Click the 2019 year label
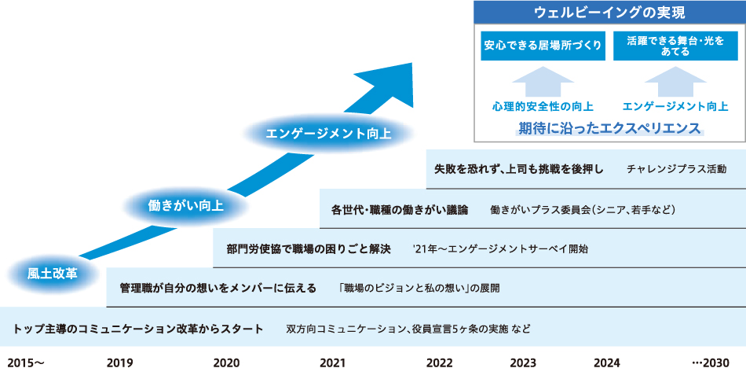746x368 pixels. (x=119, y=361)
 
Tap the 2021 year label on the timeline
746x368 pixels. (x=333, y=361)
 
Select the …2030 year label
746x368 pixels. (x=711, y=361)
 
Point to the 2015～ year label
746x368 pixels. (x=25, y=361)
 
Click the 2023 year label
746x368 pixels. (x=523, y=361)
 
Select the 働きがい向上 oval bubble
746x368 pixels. (x=186, y=207)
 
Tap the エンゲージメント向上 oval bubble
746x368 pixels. (x=328, y=133)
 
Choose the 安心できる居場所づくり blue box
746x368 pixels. (x=543, y=46)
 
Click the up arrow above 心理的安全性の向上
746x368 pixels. (x=543, y=82)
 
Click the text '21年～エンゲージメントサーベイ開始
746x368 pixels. (x=499, y=249)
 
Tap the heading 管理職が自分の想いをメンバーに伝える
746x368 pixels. (x=218, y=289)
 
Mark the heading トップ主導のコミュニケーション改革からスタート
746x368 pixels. (x=138, y=328)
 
